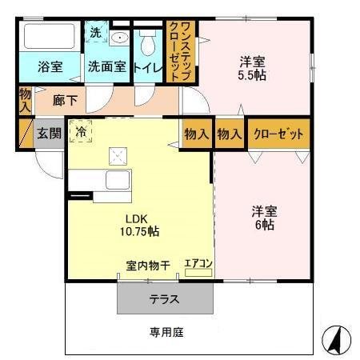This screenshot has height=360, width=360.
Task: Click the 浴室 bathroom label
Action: pyautogui.click(x=50, y=67)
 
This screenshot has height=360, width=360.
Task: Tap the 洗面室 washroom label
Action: pyautogui.click(x=106, y=67)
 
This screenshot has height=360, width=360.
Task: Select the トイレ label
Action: pyautogui.click(x=148, y=67)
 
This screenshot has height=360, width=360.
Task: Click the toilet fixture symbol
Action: pyautogui.click(x=147, y=40)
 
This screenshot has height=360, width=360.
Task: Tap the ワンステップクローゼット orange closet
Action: pyautogui.click(x=179, y=51)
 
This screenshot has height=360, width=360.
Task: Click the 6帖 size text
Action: pyautogui.click(x=264, y=225)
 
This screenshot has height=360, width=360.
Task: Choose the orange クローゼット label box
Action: pyautogui.click(x=279, y=134)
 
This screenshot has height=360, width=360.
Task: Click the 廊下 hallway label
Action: pyautogui.click(x=66, y=101)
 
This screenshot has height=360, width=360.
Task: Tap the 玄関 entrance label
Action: pyautogui.click(x=48, y=133)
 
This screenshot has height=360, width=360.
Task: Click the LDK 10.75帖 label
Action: pyautogui.click(x=141, y=226)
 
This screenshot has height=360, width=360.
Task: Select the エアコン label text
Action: pyautogui.click(x=198, y=262)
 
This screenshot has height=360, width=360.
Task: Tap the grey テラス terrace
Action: pyautogui.click(x=166, y=299)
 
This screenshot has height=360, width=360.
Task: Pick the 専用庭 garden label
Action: pyautogui.click(x=166, y=331)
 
